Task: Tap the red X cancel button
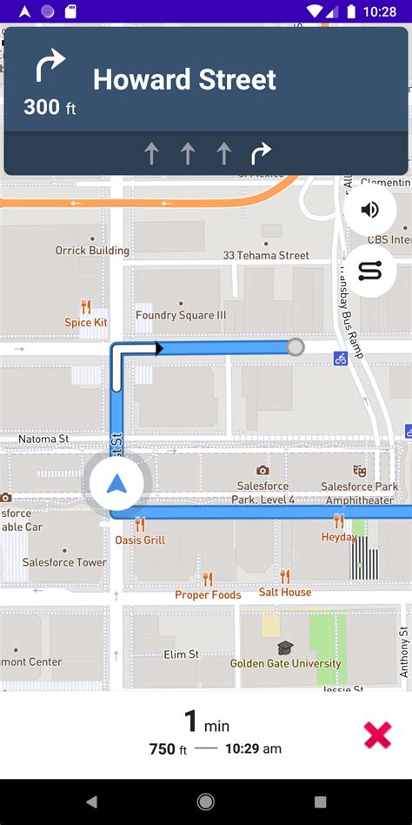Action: pyautogui.click(x=377, y=735)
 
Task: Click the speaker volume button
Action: pyautogui.click(x=370, y=210)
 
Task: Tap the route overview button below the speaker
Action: pyautogui.click(x=370, y=272)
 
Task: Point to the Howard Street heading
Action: pyautogui.click(x=184, y=80)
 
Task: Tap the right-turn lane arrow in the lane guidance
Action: pyautogui.click(x=261, y=154)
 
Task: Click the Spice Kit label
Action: pyautogui.click(x=86, y=322)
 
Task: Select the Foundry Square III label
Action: pyautogui.click(x=181, y=315)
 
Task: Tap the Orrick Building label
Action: pyautogui.click(x=92, y=251)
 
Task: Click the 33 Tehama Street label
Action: pyautogui.click(x=266, y=255)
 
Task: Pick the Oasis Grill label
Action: pyautogui.click(x=139, y=540)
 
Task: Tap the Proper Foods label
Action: pyautogui.click(x=208, y=595)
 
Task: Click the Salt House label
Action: pyautogui.click(x=285, y=592)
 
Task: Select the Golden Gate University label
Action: pyautogui.click(x=285, y=663)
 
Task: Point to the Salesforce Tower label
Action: pyautogui.click(x=65, y=562)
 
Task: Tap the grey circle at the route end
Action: pyautogui.click(x=296, y=347)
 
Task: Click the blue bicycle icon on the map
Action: pyautogui.click(x=341, y=358)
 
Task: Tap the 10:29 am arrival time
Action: pyautogui.click(x=253, y=748)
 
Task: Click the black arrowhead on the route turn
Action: pyautogui.click(x=158, y=348)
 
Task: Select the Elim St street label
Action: pyautogui.click(x=182, y=654)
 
